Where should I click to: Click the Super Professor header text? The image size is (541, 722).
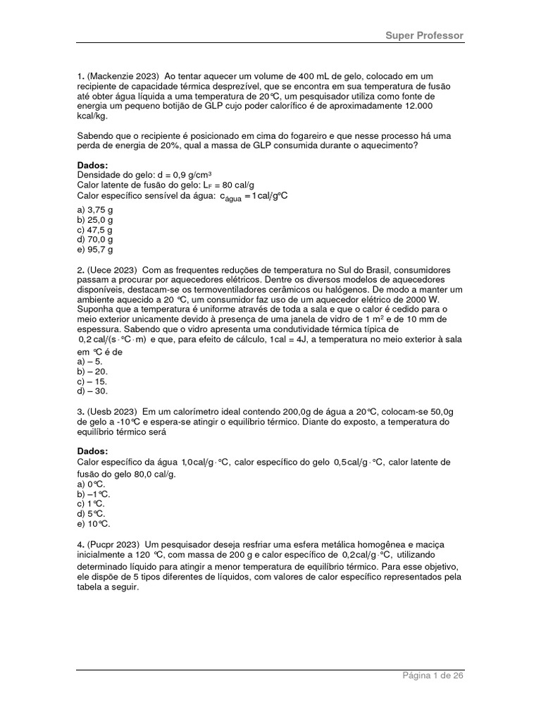(x=424, y=35)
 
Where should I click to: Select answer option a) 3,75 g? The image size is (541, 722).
(x=94, y=210)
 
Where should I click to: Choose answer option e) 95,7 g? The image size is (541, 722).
(x=94, y=250)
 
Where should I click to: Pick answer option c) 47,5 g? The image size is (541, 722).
(x=94, y=230)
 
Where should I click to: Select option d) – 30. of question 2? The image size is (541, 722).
(x=92, y=391)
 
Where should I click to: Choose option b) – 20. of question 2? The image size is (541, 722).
(x=92, y=371)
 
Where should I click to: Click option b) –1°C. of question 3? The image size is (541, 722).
(x=94, y=494)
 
